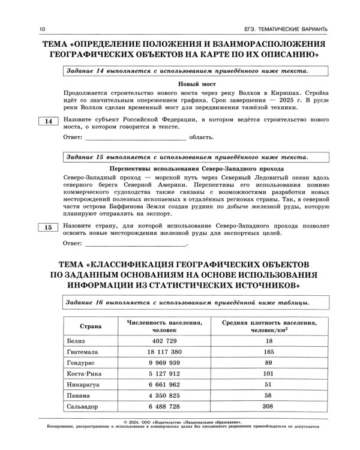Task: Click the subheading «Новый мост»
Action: [196, 85]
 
